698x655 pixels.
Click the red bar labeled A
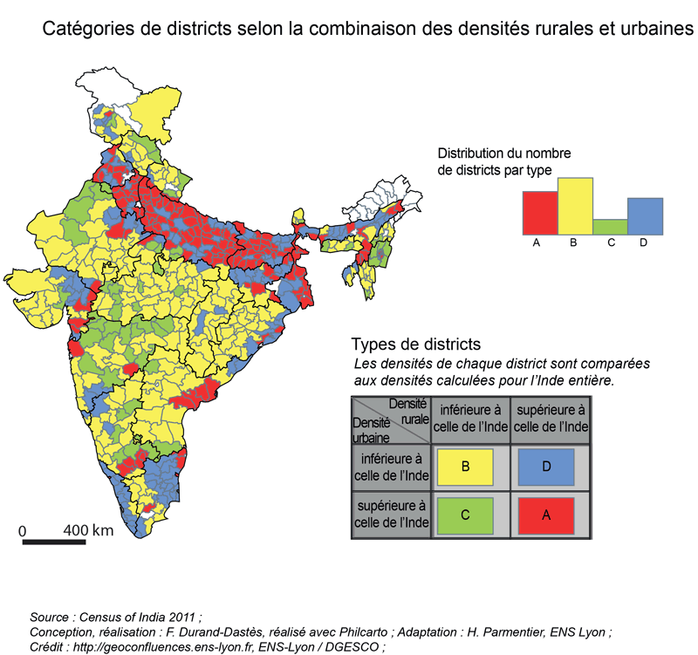coord(539,212)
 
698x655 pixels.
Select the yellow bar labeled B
coord(575,205)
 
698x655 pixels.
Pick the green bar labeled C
coord(610,226)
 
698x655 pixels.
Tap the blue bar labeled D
coord(646,215)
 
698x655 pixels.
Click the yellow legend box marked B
coord(465,467)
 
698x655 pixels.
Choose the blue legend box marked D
coord(545,467)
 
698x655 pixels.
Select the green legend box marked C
coord(465,515)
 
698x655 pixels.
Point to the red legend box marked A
coord(545,515)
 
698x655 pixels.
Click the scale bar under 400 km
coord(54,542)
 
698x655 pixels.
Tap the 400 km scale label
coord(88,529)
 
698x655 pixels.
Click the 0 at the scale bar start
coord(24,529)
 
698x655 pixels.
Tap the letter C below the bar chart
coord(610,242)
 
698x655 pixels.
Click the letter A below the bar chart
coord(539,242)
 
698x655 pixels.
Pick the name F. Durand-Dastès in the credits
coord(218,631)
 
